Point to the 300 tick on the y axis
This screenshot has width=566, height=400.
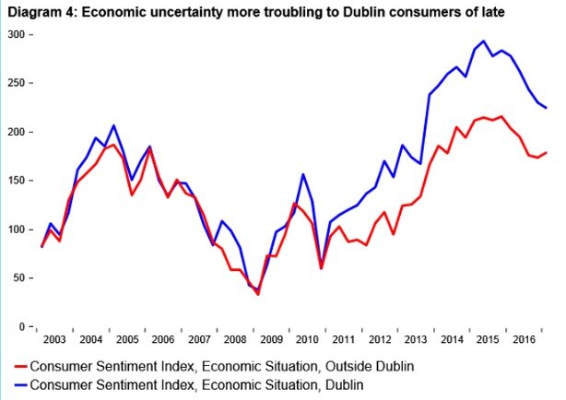[x=16, y=34]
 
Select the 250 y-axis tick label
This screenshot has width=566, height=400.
[x=16, y=83]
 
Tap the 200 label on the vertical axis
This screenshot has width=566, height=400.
[x=16, y=132]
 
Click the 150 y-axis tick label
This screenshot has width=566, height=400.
[x=16, y=181]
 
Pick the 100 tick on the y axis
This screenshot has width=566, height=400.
[x=16, y=229]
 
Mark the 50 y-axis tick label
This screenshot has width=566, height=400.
[x=18, y=277]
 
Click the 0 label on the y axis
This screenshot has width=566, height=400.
[x=22, y=326]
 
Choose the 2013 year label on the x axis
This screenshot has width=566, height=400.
[x=415, y=340]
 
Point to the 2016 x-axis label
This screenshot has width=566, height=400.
[x=524, y=340]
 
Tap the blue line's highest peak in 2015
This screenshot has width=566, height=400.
[x=485, y=41]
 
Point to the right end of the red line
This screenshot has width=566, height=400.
[x=547, y=152]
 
